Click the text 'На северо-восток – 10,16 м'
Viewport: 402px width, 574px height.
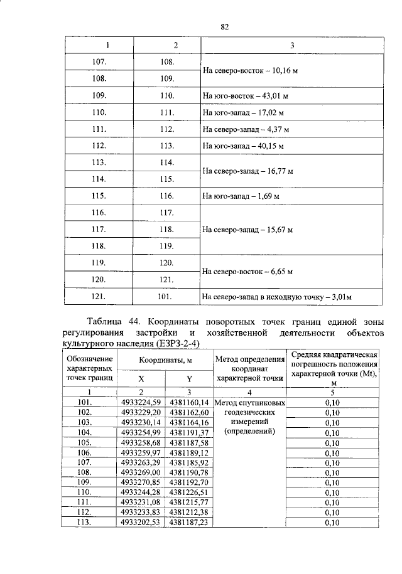[x=249, y=71]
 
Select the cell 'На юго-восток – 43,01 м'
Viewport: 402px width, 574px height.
[x=245, y=96]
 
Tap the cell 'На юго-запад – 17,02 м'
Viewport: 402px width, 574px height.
[x=243, y=113]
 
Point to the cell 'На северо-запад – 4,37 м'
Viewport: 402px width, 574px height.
[x=246, y=129]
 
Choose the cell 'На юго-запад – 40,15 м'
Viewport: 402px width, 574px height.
[x=243, y=146]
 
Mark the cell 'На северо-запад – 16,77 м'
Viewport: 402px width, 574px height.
[x=248, y=171]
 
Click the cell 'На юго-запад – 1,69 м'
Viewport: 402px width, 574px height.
[x=241, y=196]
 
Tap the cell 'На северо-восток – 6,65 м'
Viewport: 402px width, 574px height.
[x=247, y=272]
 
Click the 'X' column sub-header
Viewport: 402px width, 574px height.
[x=141, y=379]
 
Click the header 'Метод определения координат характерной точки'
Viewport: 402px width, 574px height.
[x=250, y=368]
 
